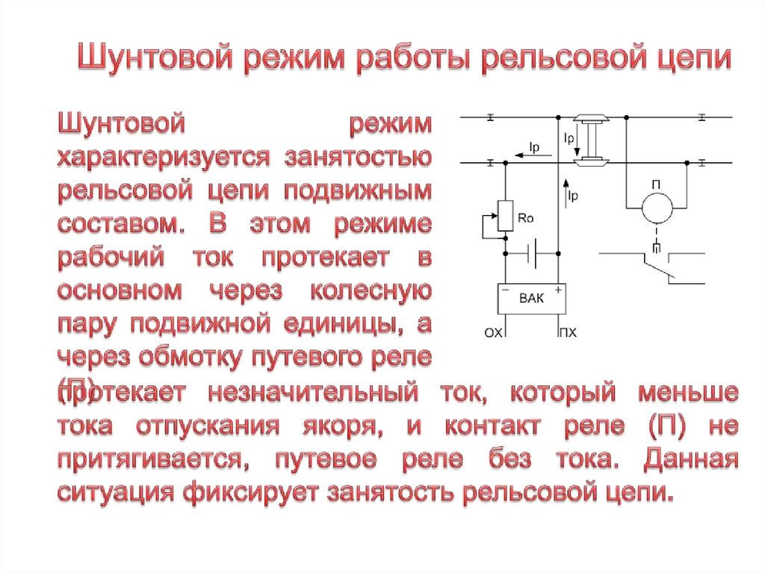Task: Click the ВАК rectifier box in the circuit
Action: (532, 299)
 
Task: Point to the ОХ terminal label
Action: (495, 334)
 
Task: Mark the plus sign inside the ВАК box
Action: (557, 288)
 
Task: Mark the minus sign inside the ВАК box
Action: (507, 288)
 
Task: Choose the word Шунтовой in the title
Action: (152, 58)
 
